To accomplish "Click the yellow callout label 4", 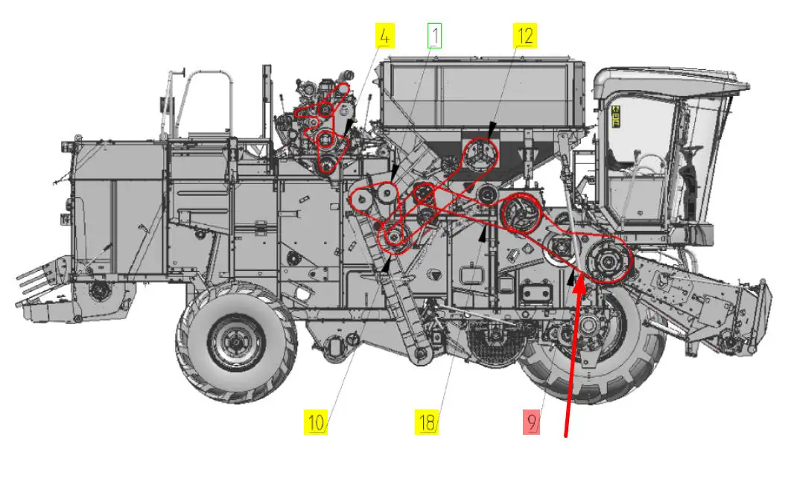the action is click(384, 35).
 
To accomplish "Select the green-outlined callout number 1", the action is click(434, 35).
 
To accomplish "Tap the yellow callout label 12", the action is click(525, 35).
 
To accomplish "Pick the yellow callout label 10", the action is click(317, 424).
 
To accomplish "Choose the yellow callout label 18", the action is click(426, 424).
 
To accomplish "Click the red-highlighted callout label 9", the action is click(531, 424).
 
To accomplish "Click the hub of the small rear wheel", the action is click(236, 344).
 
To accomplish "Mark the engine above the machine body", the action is click(317, 119).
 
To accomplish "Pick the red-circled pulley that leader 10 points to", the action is click(393, 238).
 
